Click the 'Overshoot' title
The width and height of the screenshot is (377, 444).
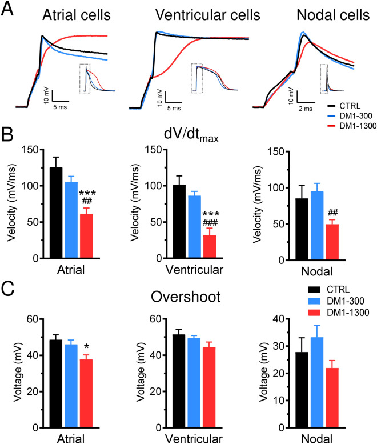188,297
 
